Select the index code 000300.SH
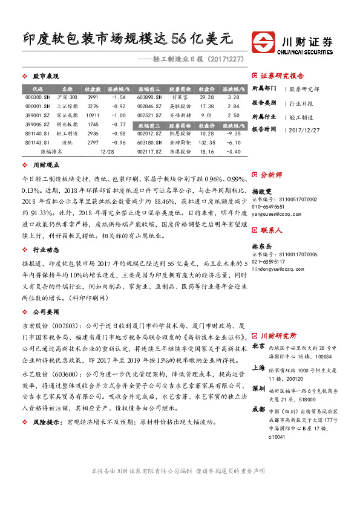pyautogui.click(x=34, y=97)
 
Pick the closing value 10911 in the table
pyautogui.click(x=93, y=114)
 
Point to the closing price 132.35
pyautogui.click(x=208, y=142)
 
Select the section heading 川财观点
pyautogui.click(x=46, y=165)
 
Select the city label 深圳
pyautogui.click(x=258, y=388)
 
